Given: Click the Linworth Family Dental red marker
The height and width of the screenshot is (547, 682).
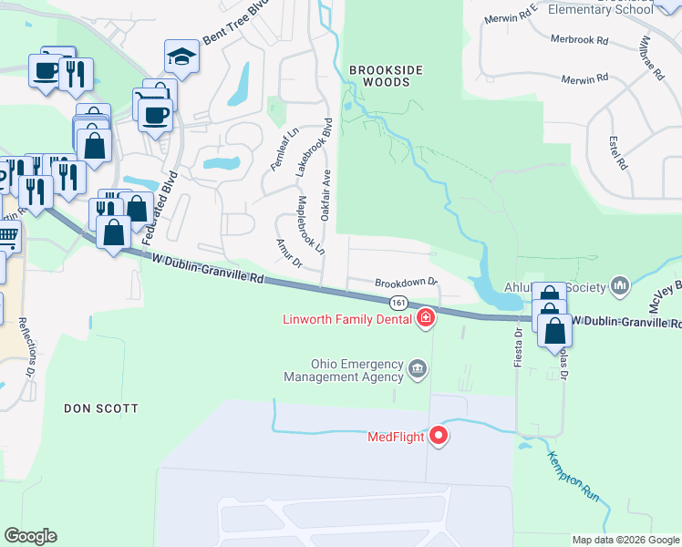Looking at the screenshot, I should (x=425, y=318).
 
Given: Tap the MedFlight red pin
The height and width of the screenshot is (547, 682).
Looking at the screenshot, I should (x=439, y=436).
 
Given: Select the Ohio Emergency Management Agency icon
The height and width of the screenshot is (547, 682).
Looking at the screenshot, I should (x=418, y=368).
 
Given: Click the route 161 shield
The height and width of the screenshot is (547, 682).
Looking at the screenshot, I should (x=398, y=302).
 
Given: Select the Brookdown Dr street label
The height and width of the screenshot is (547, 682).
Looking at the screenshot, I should (x=407, y=284).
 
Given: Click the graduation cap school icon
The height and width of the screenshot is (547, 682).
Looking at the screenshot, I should (x=181, y=57).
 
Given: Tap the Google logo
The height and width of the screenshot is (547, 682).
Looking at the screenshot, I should (x=30, y=536).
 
